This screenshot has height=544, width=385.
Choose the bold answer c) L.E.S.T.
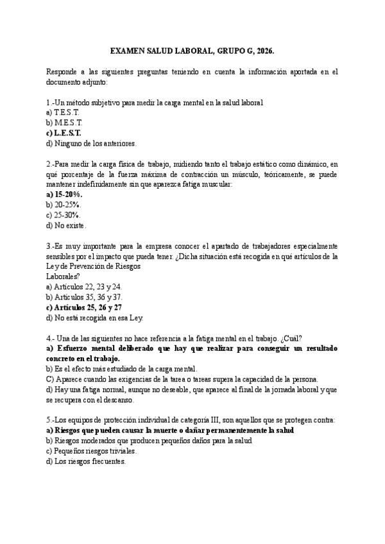point(64,133)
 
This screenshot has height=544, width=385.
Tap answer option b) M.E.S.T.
point(64,123)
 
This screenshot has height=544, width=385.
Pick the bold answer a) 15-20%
point(65,194)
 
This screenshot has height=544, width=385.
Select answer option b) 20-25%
point(64,205)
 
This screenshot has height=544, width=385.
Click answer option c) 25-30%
point(64,215)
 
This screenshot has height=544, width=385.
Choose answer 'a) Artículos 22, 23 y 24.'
point(84,287)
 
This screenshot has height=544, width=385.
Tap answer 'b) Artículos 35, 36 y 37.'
point(84,297)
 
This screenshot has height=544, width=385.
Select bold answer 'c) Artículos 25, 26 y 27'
point(84,307)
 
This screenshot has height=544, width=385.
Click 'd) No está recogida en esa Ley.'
point(95,318)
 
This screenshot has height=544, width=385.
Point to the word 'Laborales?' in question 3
point(64,276)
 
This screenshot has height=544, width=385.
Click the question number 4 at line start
point(49,338)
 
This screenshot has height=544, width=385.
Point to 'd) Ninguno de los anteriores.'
point(91,143)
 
